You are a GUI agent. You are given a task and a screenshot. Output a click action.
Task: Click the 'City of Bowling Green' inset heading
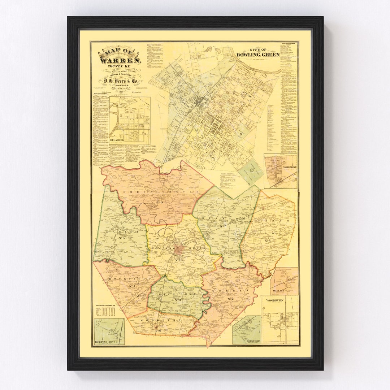258,53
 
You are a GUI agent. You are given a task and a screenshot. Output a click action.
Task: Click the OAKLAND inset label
279,290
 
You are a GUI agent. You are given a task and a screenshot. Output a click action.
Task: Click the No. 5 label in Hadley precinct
121,238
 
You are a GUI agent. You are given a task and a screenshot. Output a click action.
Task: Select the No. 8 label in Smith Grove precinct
268,240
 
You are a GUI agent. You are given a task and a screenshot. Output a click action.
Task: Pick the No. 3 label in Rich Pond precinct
177,300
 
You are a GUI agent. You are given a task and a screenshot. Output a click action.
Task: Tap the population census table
108,311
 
